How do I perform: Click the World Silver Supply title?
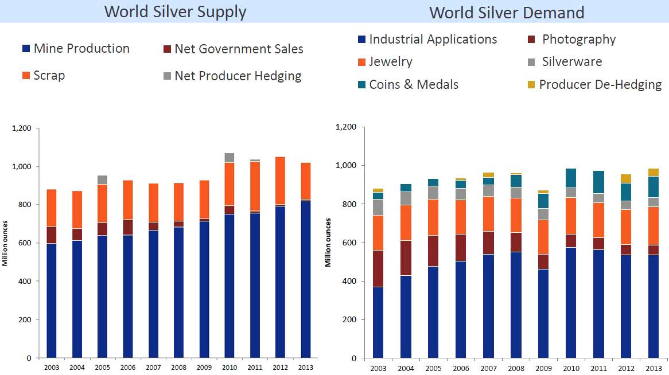[x=175, y=11]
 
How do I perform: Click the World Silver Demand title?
[x=507, y=12]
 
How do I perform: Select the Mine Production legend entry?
[x=81, y=49]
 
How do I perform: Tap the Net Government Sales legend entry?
[x=239, y=49]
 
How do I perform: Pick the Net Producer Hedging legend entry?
[x=238, y=76]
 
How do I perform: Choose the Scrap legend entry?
[x=49, y=76]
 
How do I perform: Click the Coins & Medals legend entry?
[x=413, y=85]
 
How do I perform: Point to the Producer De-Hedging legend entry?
[x=600, y=85]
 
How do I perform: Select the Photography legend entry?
[x=578, y=40]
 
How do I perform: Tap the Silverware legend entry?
[x=571, y=62]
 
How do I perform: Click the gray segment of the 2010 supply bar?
[x=230, y=158]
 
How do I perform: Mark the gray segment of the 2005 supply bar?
[x=103, y=180]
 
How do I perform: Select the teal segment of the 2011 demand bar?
[x=598, y=182]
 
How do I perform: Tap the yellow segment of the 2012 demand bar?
[x=626, y=179]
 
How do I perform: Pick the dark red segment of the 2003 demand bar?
[x=378, y=268]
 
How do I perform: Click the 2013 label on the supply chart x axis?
[x=306, y=368]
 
